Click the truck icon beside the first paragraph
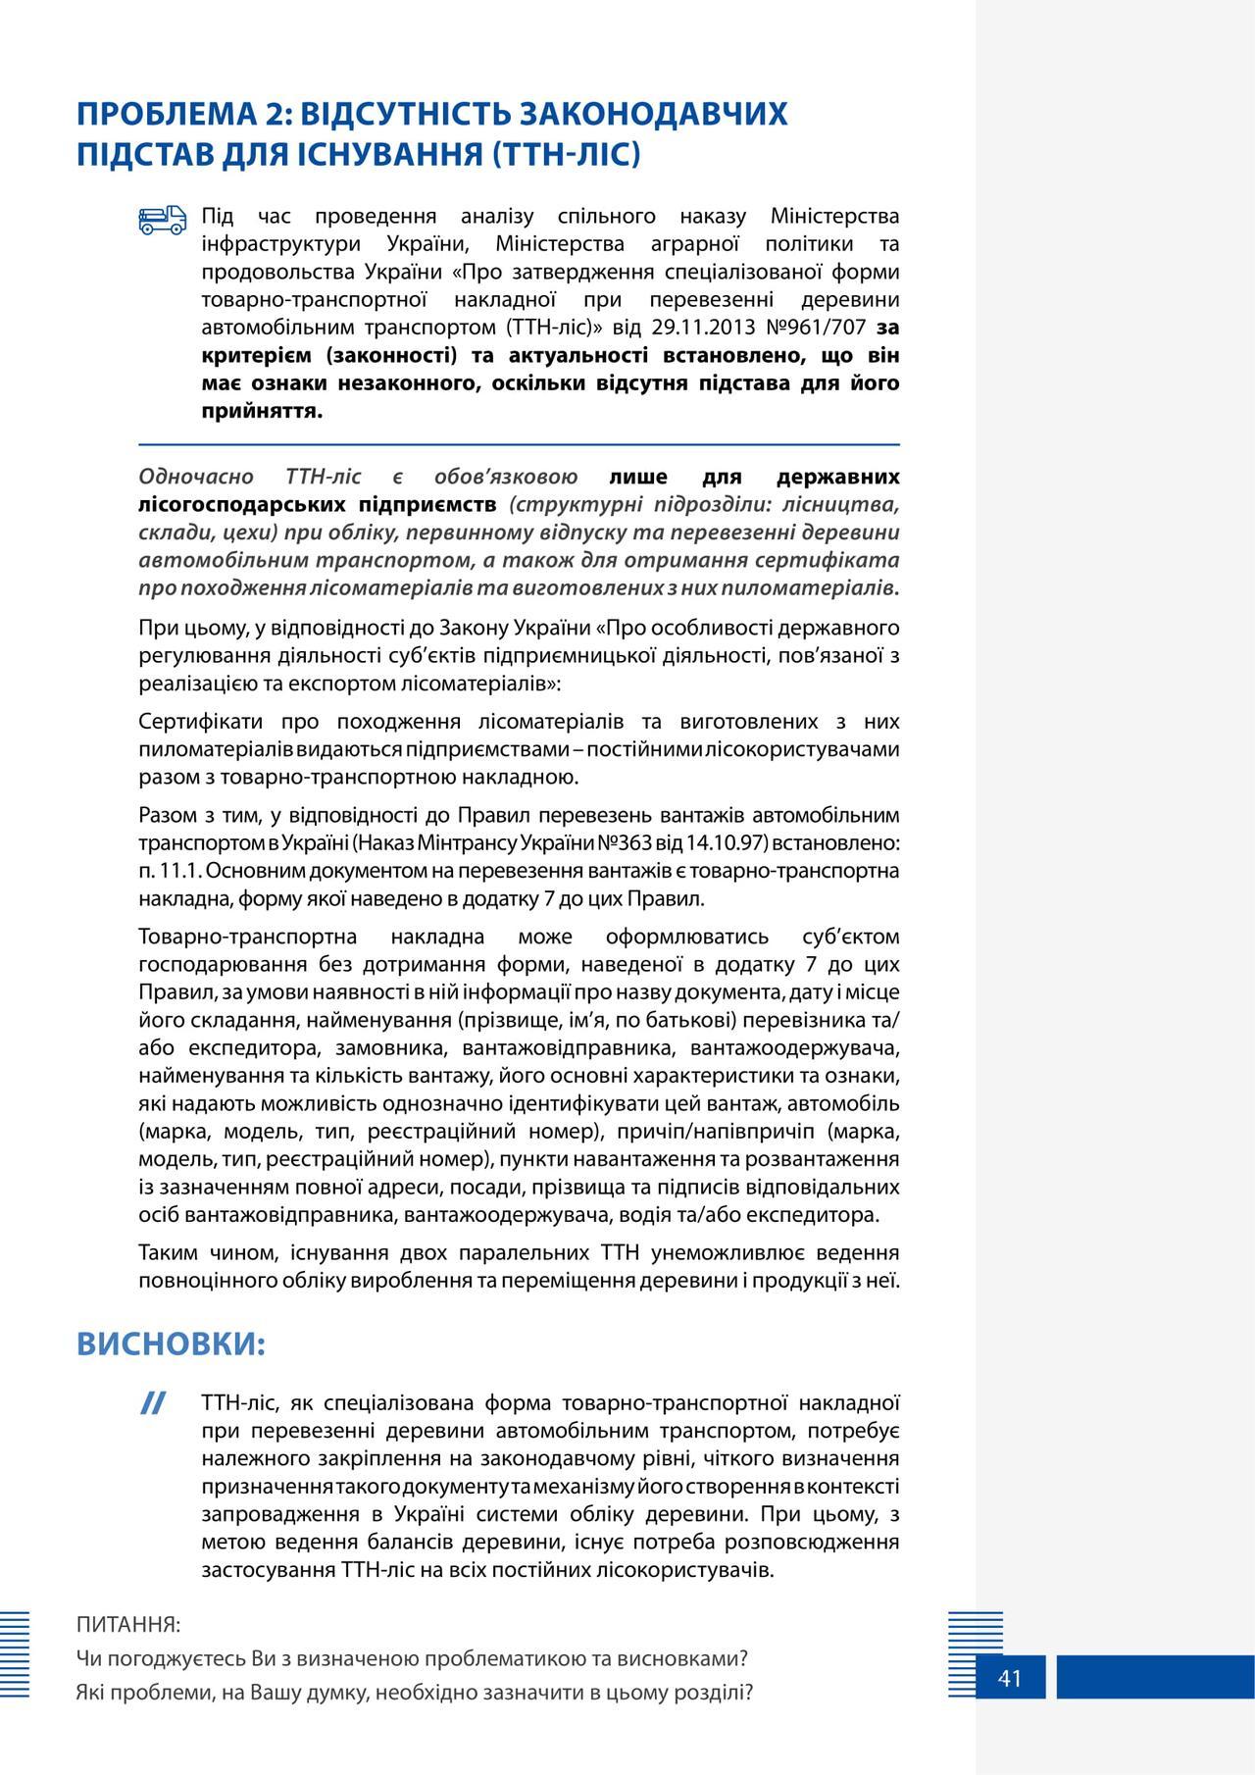[162, 221]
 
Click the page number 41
[1010, 1678]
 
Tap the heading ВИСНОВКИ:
[172, 1344]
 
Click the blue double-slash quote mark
[152, 1403]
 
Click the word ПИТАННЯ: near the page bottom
[128, 1625]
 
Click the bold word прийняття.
[262, 410]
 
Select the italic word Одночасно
[196, 477]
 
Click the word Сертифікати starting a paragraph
[201, 722]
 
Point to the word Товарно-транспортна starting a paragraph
[248, 937]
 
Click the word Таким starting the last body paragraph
[168, 1252]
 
